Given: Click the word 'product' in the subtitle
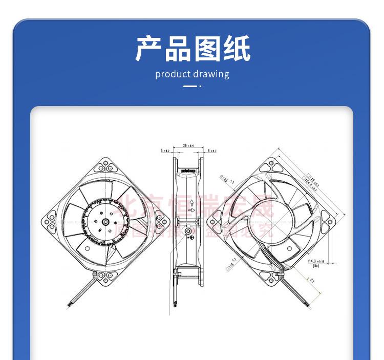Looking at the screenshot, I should click(x=173, y=74).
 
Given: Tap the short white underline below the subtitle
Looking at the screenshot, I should click(x=190, y=86).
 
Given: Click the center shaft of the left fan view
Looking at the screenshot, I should click(x=104, y=222).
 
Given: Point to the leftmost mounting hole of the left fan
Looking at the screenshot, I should click(x=47, y=222).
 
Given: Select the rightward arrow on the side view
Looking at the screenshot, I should click(x=191, y=210).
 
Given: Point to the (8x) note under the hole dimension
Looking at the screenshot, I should click(x=316, y=266).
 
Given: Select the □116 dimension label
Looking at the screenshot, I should click(x=230, y=263).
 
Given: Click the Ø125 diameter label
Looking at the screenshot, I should click(x=226, y=180).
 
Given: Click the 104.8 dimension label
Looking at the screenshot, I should click(x=311, y=182).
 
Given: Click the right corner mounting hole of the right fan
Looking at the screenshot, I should click(x=329, y=223).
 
